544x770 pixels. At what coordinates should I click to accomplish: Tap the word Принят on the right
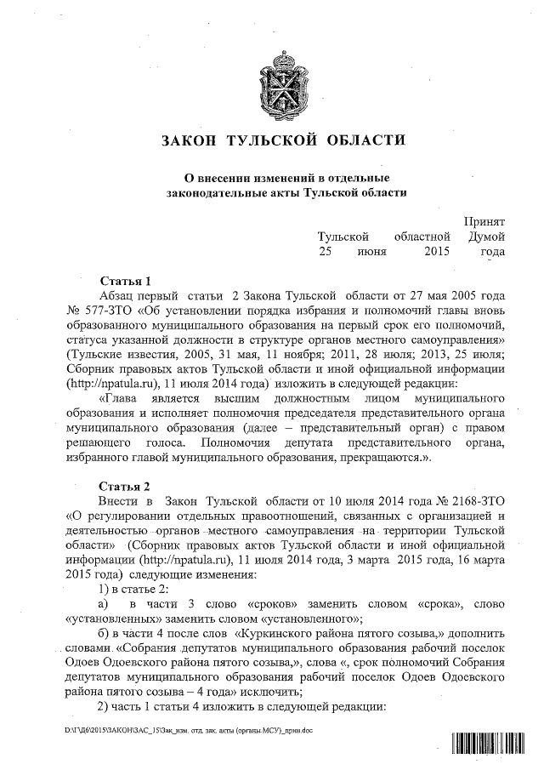[484, 220]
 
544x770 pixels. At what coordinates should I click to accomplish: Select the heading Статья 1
[125, 280]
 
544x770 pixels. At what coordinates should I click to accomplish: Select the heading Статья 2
[125, 487]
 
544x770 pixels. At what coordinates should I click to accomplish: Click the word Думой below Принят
[487, 236]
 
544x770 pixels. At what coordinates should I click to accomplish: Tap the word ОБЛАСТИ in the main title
[362, 140]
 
